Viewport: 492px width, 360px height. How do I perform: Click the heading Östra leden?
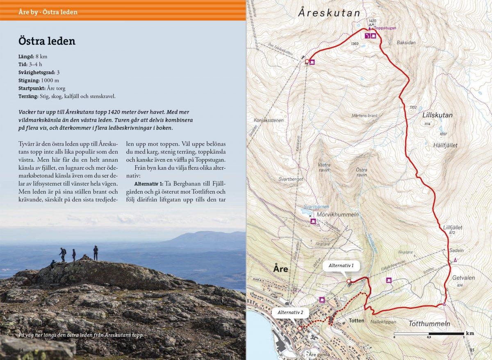(47, 41)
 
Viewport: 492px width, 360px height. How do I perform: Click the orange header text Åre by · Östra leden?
(48, 12)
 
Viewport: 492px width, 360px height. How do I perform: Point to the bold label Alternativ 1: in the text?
(149, 182)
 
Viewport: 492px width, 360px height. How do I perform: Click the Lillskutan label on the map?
(437, 115)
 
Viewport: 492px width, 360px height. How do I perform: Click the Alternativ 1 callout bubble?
(341, 265)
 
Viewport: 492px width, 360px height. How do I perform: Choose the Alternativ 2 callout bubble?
(290, 312)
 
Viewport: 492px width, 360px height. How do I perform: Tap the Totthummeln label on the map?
(429, 324)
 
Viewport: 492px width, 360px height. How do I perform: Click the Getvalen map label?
(463, 278)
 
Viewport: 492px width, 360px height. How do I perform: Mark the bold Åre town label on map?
(281, 269)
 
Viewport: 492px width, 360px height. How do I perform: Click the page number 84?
(21, 349)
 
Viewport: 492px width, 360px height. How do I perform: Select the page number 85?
(471, 350)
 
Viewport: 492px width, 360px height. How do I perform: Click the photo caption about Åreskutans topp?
(81, 335)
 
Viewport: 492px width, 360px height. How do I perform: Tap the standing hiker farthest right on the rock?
(96, 253)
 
